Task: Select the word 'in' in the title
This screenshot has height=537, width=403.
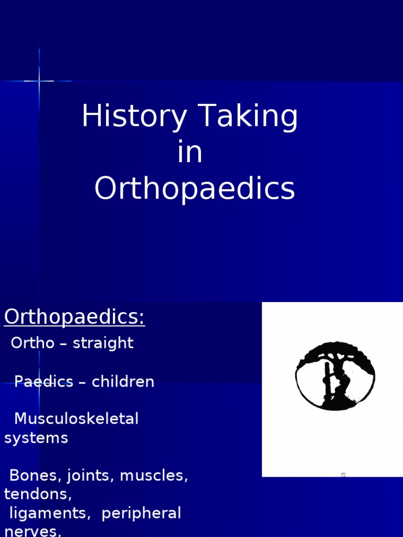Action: [190, 153]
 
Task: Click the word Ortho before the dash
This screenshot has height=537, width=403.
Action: [32, 343]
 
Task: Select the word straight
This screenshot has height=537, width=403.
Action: [103, 343]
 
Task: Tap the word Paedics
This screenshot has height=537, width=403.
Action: [44, 382]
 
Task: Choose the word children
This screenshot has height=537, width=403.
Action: [123, 382]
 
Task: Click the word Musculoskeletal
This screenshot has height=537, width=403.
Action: [76, 419]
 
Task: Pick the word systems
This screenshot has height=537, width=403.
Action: [36, 438]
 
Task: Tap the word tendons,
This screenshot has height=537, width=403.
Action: [38, 494]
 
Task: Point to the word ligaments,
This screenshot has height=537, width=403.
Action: [50, 514]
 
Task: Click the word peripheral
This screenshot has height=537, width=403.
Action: [141, 514]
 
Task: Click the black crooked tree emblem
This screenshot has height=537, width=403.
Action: [335, 375]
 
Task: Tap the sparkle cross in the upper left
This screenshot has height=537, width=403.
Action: [39, 81]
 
